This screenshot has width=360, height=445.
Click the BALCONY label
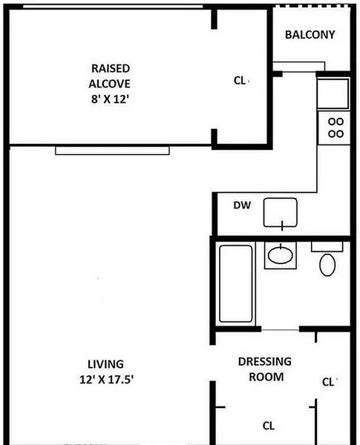(310, 35)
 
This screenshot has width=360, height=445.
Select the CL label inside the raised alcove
(240, 80)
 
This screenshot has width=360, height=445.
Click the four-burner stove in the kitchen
(336, 127)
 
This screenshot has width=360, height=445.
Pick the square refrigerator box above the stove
(334, 92)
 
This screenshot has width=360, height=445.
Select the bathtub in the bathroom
(235, 283)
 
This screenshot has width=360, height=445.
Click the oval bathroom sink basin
(280, 256)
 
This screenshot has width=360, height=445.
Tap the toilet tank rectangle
(327, 245)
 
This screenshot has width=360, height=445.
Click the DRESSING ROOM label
(265, 369)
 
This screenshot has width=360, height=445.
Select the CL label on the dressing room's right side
(328, 382)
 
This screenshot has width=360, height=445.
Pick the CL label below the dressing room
(269, 426)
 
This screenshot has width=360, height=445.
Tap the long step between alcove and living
(112, 150)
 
